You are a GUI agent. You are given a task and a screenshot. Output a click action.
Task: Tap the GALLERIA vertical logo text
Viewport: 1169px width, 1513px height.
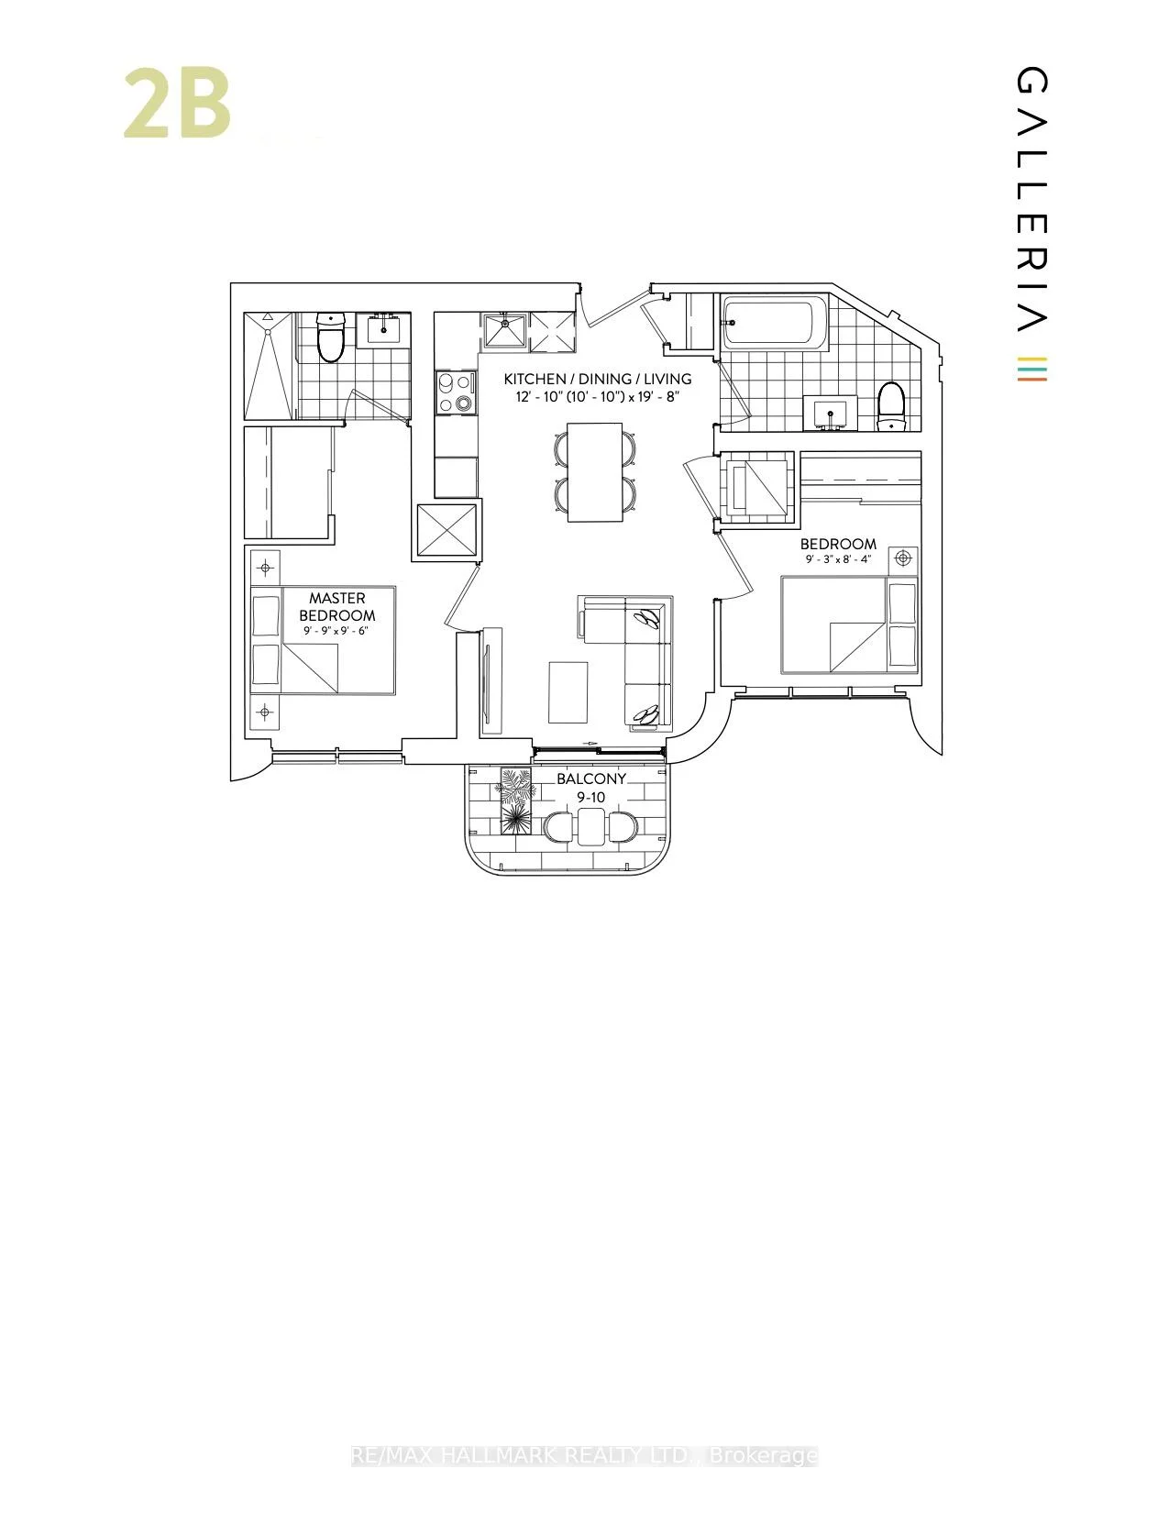point(1031,200)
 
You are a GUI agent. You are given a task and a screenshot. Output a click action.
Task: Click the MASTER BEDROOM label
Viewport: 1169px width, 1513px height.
point(337,606)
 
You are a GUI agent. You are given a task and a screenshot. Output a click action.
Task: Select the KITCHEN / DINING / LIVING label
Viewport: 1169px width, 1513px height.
point(598,379)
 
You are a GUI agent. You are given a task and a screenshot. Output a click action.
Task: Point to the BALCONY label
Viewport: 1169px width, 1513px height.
point(591,779)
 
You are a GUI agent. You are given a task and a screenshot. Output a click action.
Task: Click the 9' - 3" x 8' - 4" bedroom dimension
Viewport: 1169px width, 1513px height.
point(838,558)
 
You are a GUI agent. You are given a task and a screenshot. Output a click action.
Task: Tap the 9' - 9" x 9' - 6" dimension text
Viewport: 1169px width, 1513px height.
point(335,631)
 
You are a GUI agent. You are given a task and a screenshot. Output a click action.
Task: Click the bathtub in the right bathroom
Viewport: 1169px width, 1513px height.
point(776,324)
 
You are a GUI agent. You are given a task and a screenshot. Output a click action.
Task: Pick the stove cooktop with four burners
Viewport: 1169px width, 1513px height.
point(457,392)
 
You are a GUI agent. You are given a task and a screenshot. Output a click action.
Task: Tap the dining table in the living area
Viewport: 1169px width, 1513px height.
point(595,471)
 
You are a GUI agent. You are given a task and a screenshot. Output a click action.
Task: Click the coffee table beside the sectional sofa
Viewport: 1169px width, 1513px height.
point(568,692)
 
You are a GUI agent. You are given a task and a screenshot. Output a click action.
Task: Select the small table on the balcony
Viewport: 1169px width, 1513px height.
point(591,826)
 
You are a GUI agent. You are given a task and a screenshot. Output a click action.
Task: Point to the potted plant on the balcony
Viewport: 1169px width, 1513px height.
point(515,800)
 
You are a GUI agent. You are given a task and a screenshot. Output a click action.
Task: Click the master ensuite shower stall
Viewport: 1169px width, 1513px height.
point(268,366)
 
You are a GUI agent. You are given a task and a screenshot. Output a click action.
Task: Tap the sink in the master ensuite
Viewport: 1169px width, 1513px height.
point(383,330)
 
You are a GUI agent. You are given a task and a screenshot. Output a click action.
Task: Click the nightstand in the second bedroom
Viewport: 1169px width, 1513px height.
point(903,559)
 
